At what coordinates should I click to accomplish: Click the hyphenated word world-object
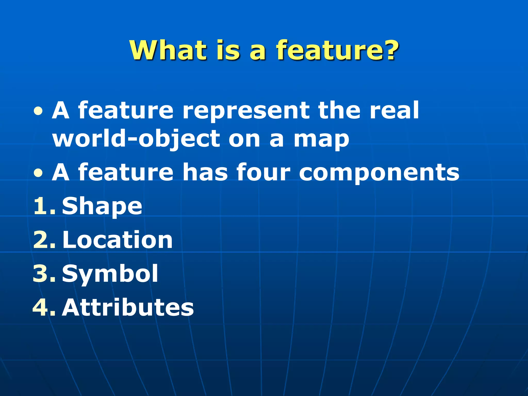[x=136, y=139]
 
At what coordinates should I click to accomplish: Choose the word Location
[x=117, y=240]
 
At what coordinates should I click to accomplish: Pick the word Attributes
[x=128, y=307]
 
